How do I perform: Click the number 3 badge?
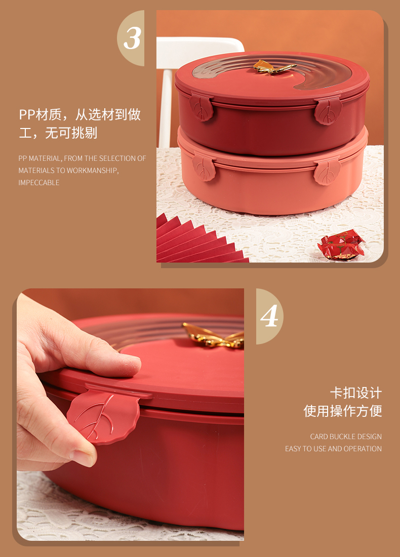point(132,38)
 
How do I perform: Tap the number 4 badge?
point(269,316)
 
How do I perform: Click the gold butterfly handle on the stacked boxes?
point(274,67)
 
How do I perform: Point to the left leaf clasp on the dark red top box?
point(202,107)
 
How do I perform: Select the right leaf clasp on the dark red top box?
point(328,111)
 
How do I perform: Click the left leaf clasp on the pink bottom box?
point(204,167)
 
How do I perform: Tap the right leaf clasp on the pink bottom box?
point(327,172)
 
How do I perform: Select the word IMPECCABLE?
point(39,183)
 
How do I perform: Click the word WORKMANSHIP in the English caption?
point(92,170)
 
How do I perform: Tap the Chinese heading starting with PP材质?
point(79,123)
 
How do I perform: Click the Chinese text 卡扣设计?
point(356,393)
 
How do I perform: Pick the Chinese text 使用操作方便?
point(343,411)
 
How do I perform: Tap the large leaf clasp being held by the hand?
point(103,416)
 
